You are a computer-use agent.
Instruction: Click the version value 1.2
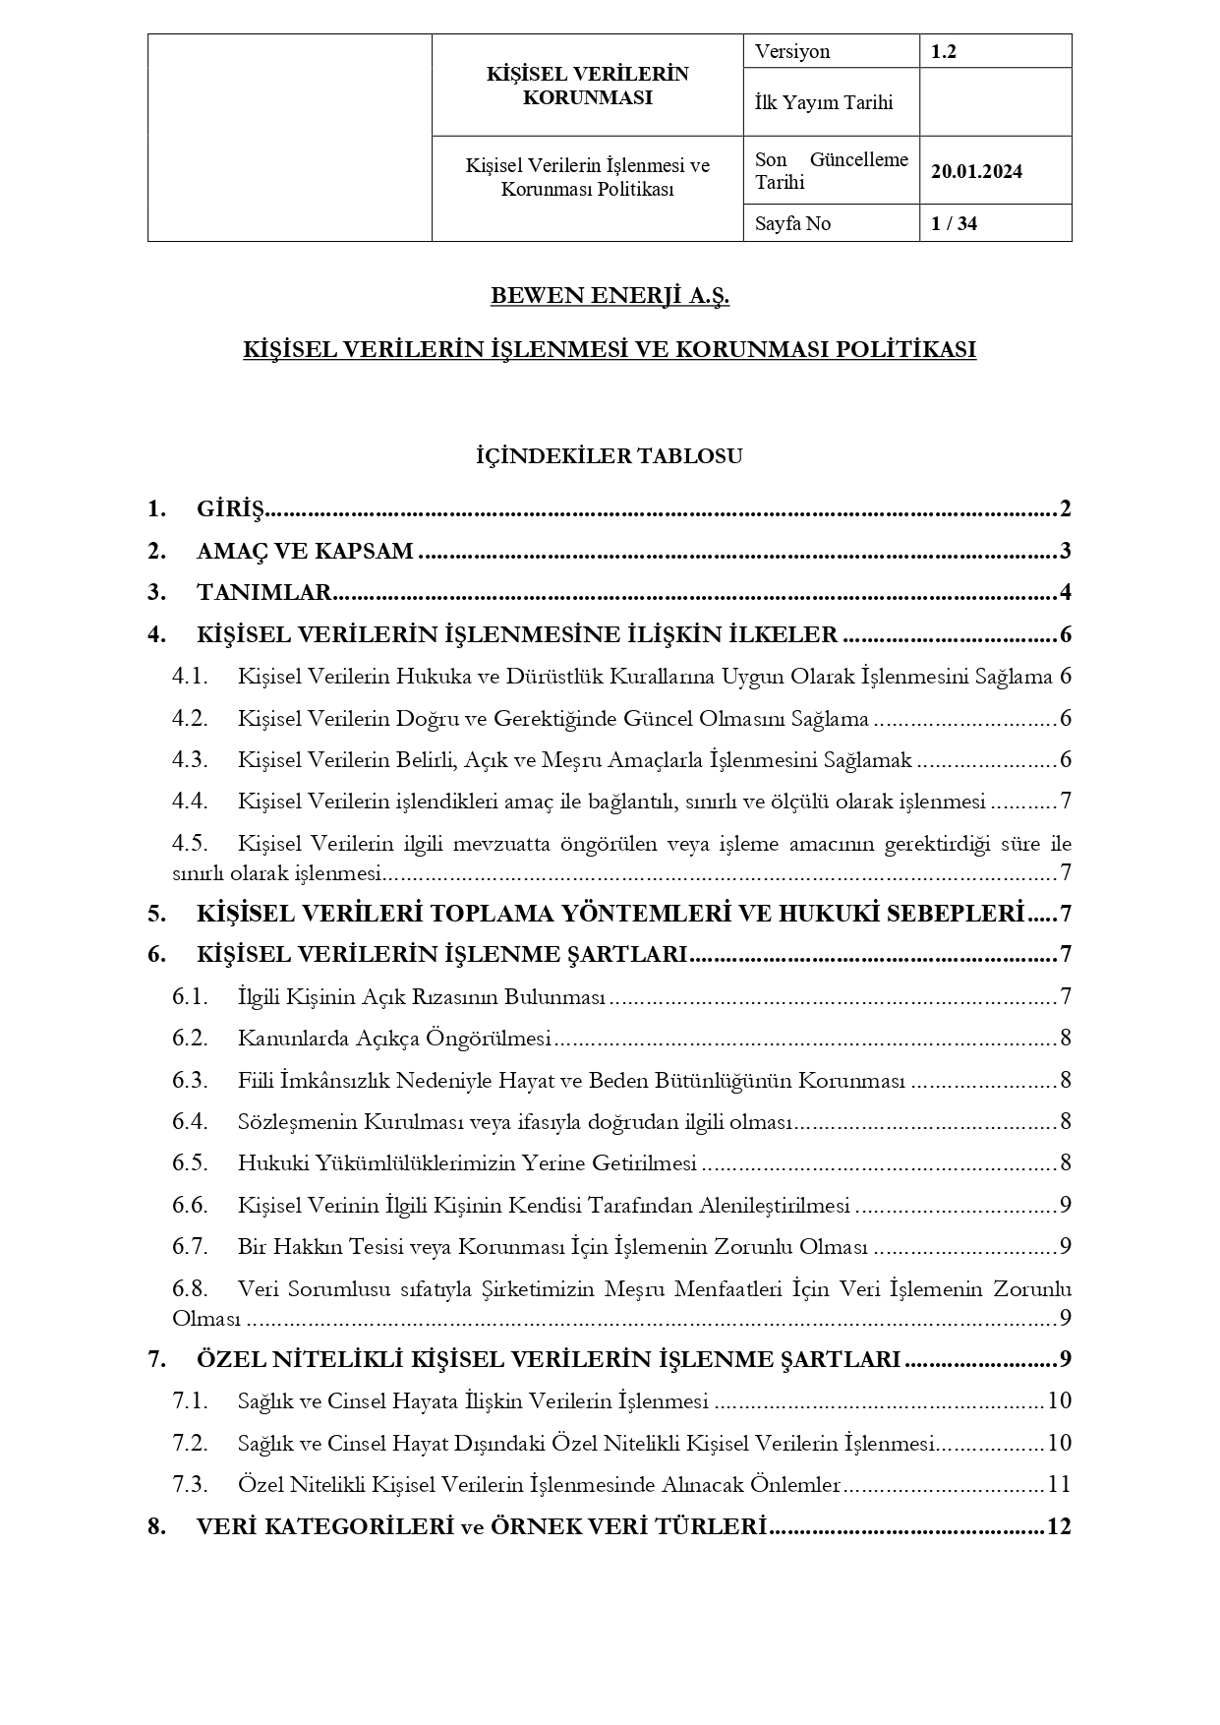click(944, 52)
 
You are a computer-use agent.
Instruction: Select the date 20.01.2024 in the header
click(976, 171)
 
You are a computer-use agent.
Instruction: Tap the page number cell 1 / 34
click(954, 223)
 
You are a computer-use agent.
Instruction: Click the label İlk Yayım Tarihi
click(823, 102)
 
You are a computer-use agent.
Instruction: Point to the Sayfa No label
click(792, 223)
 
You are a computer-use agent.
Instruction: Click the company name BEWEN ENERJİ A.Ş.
click(610, 296)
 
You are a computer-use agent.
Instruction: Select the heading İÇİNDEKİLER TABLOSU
click(610, 456)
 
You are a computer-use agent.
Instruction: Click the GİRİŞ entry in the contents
click(231, 509)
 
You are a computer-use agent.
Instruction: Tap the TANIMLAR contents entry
click(263, 592)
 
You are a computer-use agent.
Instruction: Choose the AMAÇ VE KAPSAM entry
click(305, 551)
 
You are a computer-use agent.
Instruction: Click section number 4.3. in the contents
click(190, 759)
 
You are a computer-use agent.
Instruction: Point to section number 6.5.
click(190, 1162)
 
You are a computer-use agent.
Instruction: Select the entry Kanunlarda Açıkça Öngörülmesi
click(394, 1039)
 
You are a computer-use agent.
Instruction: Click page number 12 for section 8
click(1058, 1526)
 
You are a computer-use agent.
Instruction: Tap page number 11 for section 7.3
click(1059, 1484)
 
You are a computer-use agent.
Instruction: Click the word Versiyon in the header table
click(792, 52)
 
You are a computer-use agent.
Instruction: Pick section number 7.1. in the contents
click(190, 1400)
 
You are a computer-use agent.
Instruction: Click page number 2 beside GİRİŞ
click(1065, 509)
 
